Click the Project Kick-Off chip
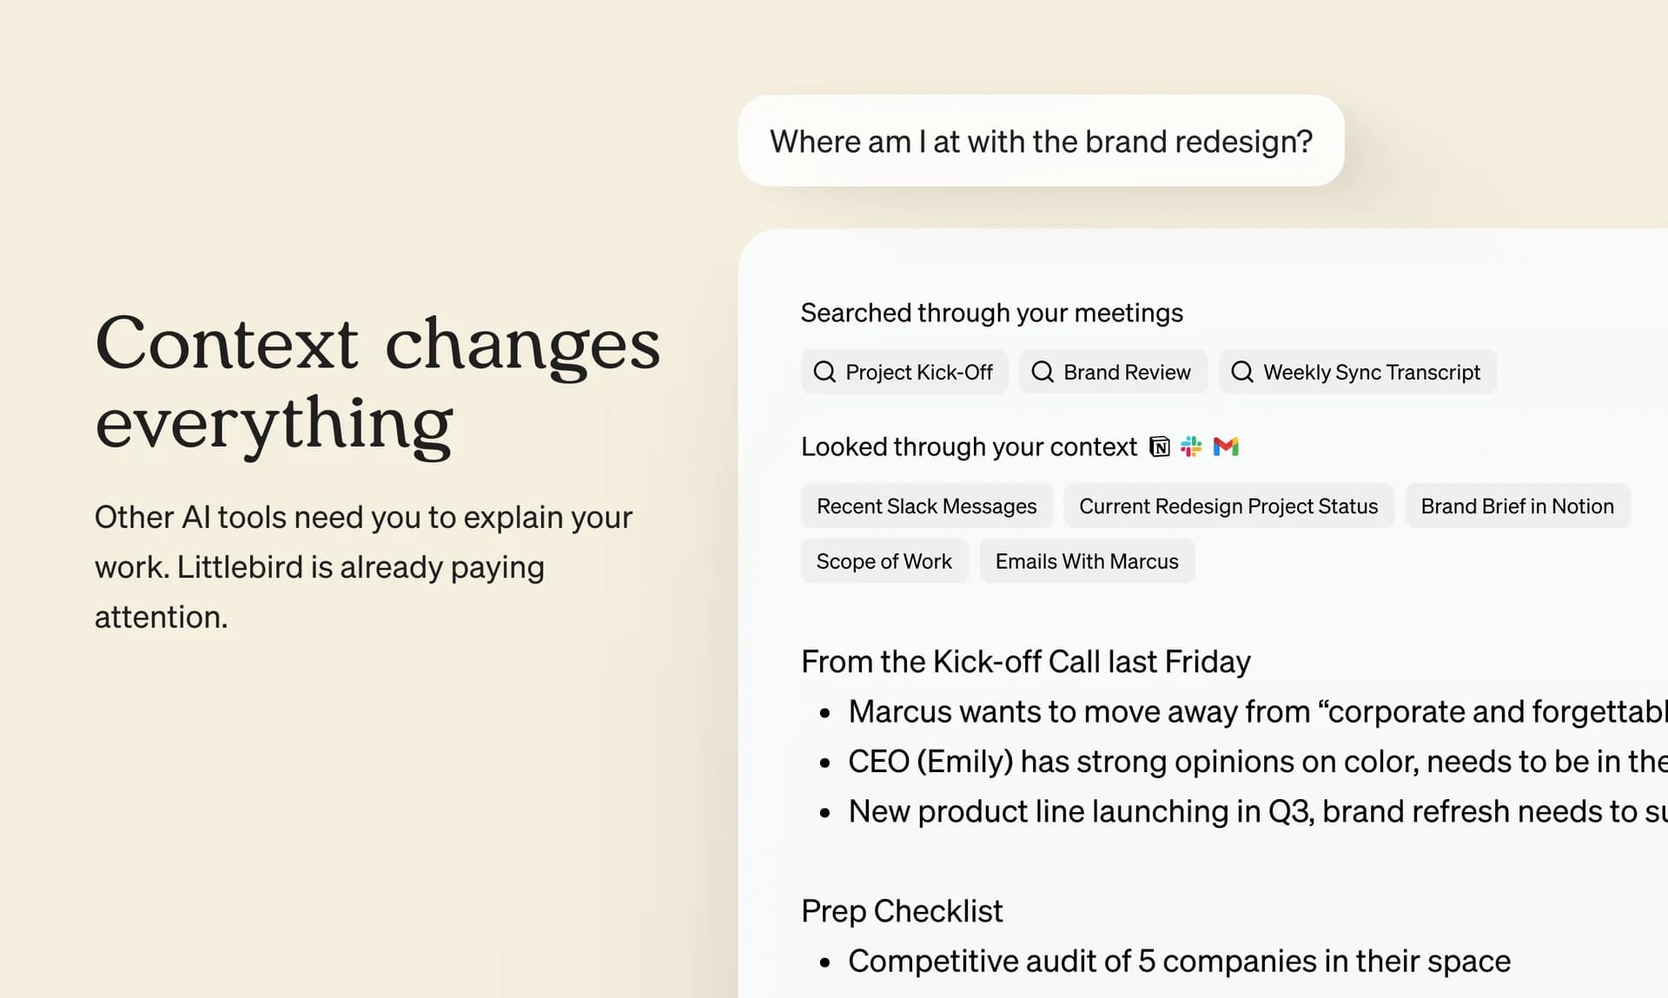[903, 372]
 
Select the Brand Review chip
[1112, 372]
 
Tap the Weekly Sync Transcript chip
[1357, 372]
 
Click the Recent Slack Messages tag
[926, 506]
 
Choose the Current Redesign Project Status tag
[1228, 506]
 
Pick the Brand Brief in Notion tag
[1517, 506]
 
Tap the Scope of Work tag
[884, 562]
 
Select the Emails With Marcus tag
[1086, 562]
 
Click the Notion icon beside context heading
[1160, 446]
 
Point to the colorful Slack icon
[1191, 446]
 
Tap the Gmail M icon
[1226, 446]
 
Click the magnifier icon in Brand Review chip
[1042, 372]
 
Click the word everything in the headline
[274, 424]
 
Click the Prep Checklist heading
[901, 911]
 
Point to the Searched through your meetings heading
[991, 313]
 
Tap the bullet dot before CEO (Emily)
[825, 763]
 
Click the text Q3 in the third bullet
[1289, 811]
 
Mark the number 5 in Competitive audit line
[1147, 962]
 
